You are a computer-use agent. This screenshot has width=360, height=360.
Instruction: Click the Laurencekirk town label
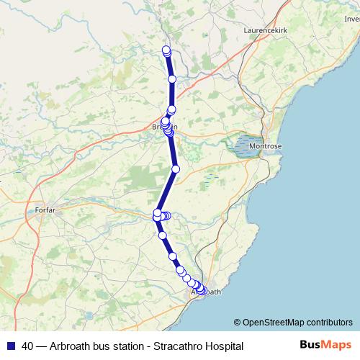[267, 31]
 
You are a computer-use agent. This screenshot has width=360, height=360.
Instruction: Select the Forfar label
[45, 210]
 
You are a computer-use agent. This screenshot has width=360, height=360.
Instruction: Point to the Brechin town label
[164, 127]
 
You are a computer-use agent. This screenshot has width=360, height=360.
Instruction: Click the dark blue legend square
[10, 346]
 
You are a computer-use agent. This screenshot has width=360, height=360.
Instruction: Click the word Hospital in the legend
[222, 346]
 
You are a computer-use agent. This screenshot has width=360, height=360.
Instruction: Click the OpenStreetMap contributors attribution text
[298, 323]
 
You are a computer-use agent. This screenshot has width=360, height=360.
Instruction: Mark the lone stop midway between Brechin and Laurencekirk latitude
[172, 79]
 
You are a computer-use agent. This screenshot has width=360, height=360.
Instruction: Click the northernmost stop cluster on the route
[166, 51]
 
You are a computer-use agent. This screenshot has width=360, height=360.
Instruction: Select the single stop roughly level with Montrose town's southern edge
[175, 169]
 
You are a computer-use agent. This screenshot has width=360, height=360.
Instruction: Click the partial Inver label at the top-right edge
[351, 20]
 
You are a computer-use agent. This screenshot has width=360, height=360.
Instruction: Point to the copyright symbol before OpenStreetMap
[237, 323]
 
